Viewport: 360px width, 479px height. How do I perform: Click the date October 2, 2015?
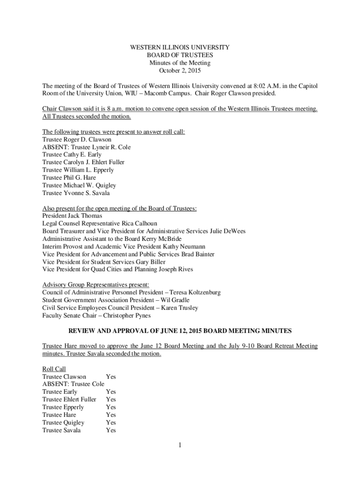pyautogui.click(x=180, y=70)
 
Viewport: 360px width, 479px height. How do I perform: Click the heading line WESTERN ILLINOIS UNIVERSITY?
pyautogui.click(x=180, y=48)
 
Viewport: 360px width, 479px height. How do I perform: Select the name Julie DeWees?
pyautogui.click(x=228, y=231)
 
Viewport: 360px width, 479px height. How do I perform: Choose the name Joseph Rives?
pyautogui.click(x=176, y=269)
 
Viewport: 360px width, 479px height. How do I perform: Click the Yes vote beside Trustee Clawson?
pyautogui.click(x=111, y=377)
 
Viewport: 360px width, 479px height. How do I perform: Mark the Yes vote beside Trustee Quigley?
pyautogui.click(x=111, y=422)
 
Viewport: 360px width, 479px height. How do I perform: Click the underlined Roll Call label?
pyautogui.click(x=54, y=369)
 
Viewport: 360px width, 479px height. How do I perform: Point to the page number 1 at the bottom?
pyautogui.click(x=180, y=445)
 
